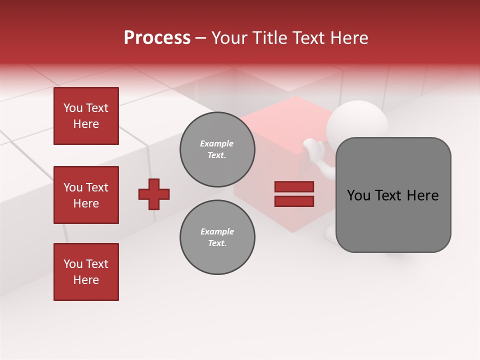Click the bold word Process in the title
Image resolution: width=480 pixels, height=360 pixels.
(x=157, y=38)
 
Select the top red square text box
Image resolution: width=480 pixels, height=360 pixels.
(x=86, y=116)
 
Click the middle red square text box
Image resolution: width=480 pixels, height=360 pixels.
(x=86, y=195)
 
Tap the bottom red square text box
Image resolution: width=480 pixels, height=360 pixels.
(x=86, y=272)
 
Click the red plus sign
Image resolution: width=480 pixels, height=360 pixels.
(x=154, y=194)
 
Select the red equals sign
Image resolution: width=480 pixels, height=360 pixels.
(x=294, y=194)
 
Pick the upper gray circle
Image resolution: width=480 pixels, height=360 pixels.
(x=217, y=149)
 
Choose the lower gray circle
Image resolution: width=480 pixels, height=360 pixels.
(x=217, y=237)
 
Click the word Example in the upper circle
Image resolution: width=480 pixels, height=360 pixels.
(x=216, y=143)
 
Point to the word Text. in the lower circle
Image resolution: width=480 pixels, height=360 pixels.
(x=217, y=243)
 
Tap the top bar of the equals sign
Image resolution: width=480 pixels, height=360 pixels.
(x=294, y=186)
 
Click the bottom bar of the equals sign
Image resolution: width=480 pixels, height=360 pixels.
(x=294, y=201)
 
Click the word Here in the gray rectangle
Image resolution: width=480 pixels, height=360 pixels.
(x=423, y=195)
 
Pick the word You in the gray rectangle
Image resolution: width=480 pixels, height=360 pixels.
(x=358, y=195)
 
